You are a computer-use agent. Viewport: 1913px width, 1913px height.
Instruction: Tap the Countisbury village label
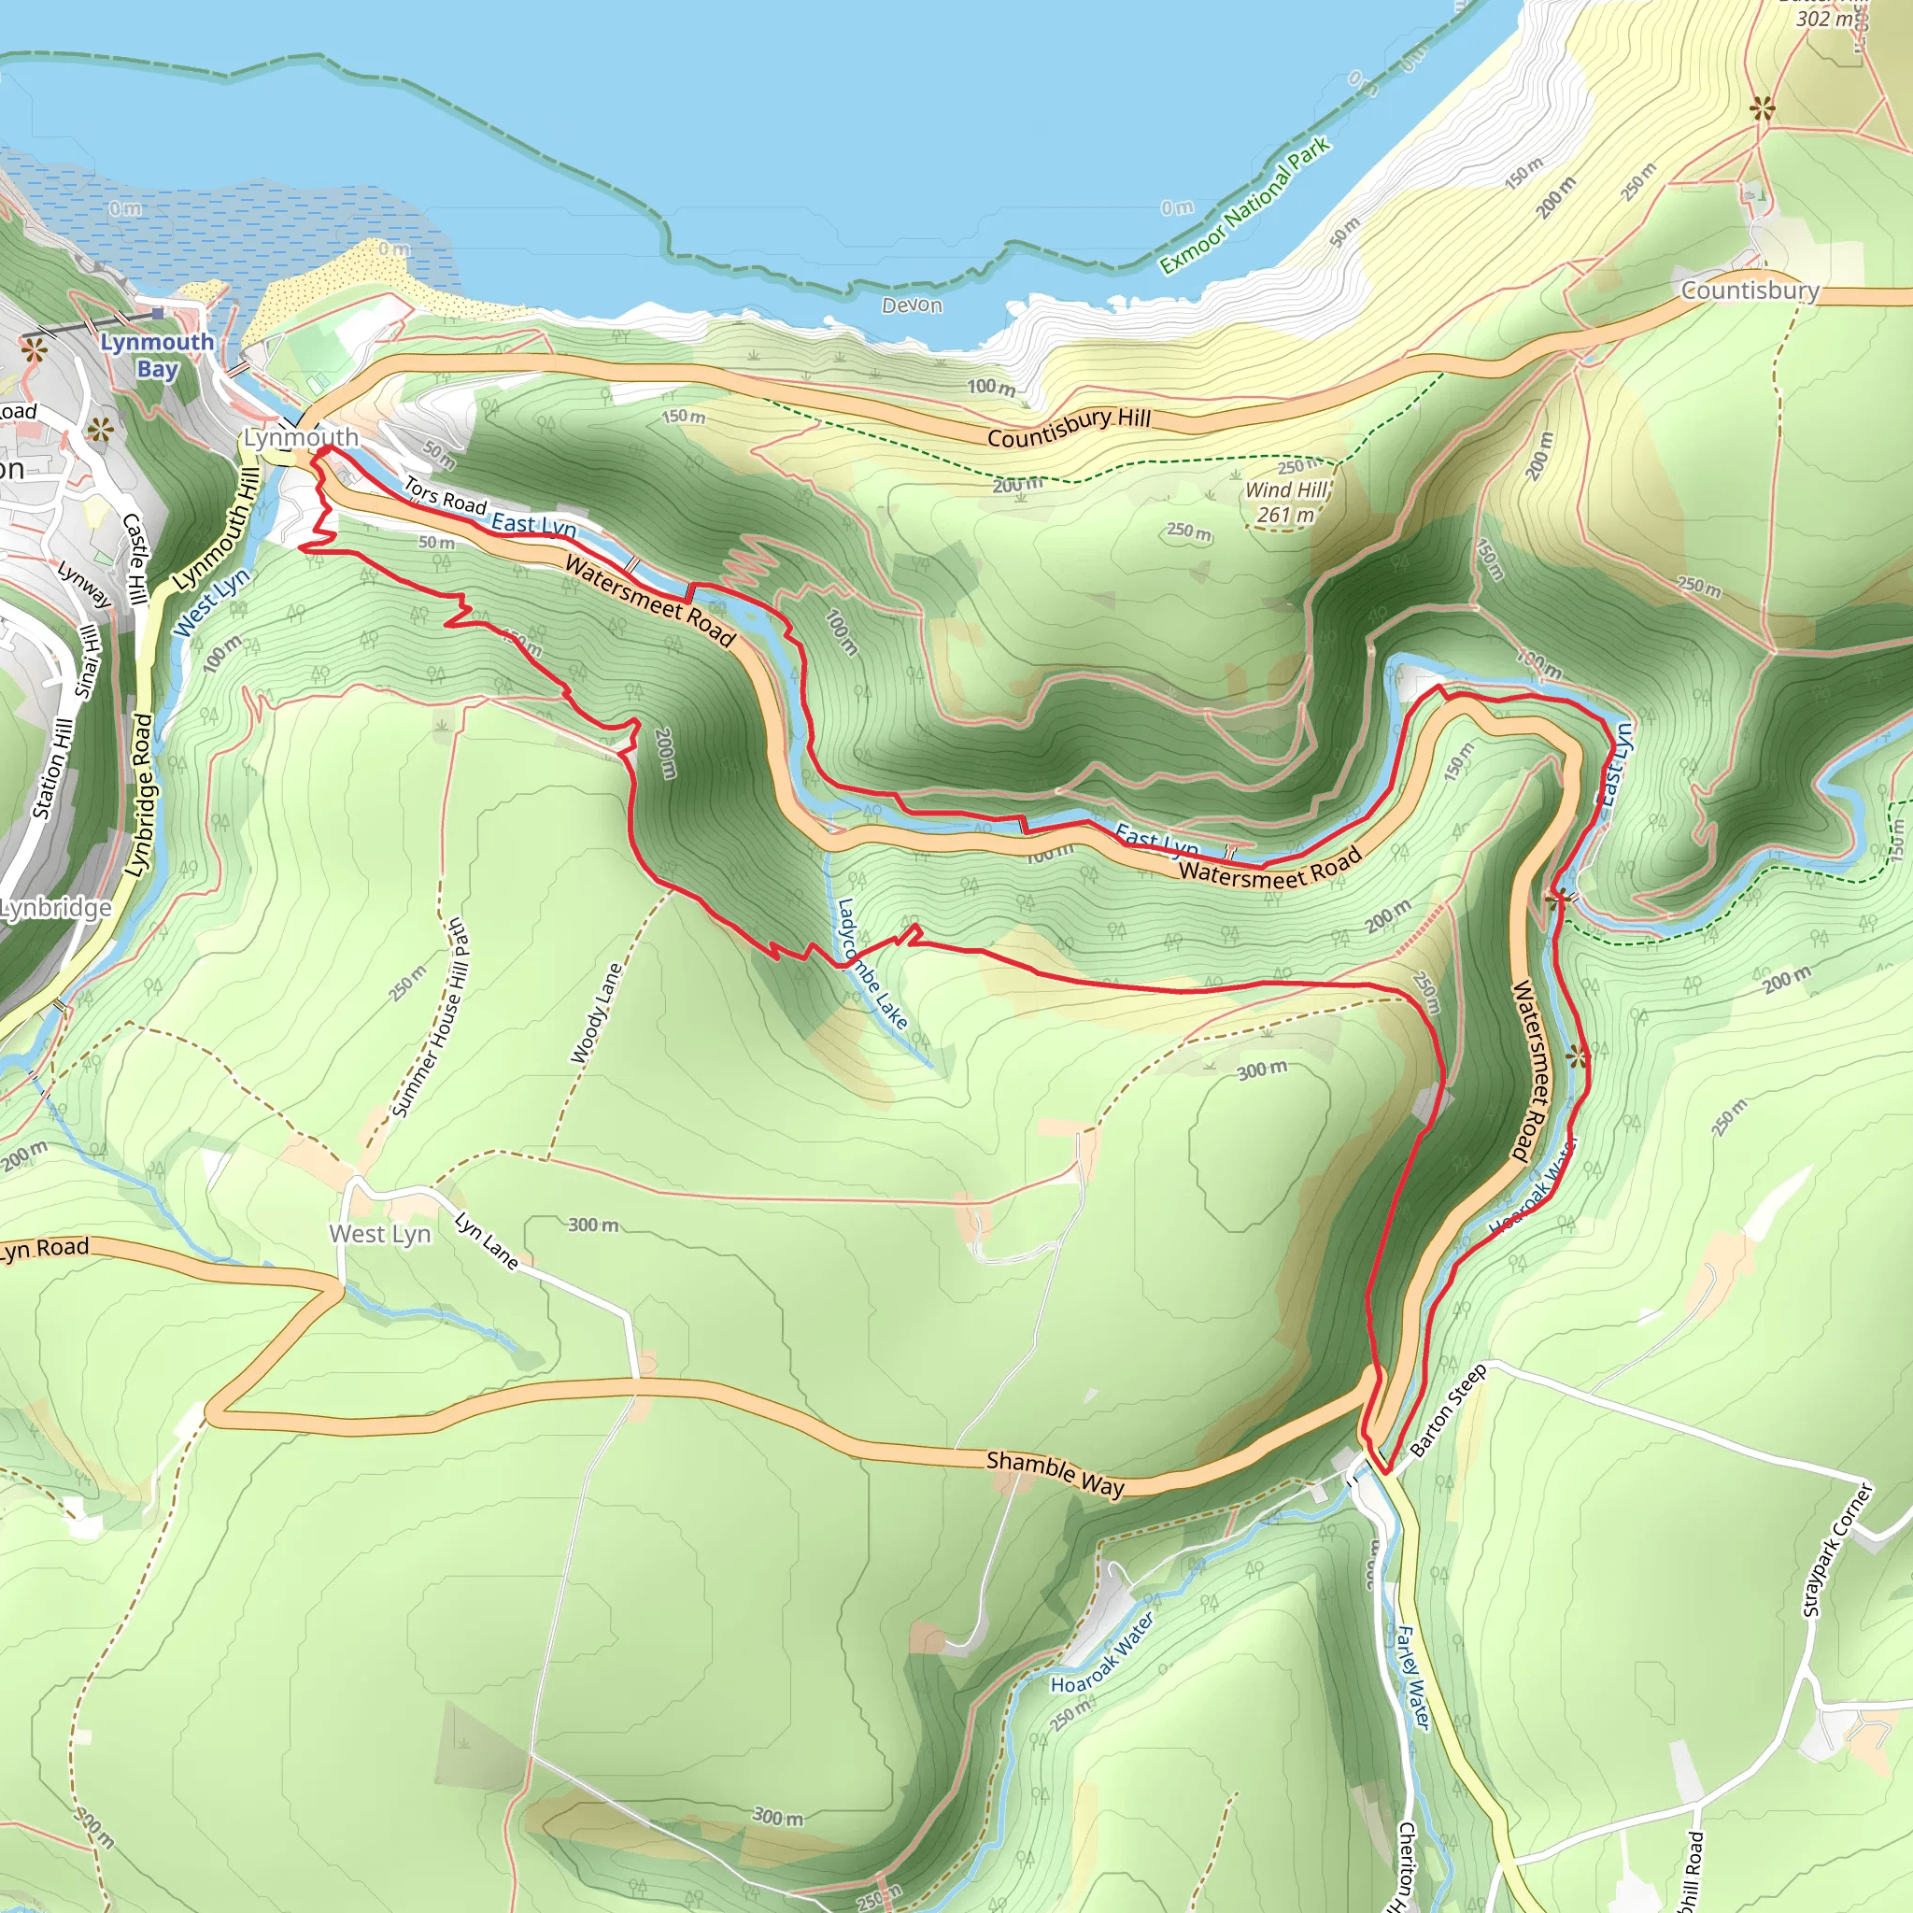point(1750,290)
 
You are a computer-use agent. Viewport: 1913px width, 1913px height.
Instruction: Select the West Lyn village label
point(380,1234)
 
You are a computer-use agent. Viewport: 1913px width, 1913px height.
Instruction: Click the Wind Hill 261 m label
point(1286,502)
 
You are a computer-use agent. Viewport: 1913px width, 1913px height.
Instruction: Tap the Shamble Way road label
point(1056,1473)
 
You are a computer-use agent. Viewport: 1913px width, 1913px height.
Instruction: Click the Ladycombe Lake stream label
point(871,963)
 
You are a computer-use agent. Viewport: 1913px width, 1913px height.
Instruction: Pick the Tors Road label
point(445,497)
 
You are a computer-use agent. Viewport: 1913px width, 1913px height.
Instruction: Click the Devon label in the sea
point(912,305)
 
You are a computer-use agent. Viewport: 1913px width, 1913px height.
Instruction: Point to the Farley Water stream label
point(1413,1678)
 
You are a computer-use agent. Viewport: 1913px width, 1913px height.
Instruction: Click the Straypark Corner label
point(1837,1550)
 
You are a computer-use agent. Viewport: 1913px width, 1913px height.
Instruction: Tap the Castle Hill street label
point(135,560)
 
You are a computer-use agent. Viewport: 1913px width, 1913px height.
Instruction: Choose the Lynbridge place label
point(55,907)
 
